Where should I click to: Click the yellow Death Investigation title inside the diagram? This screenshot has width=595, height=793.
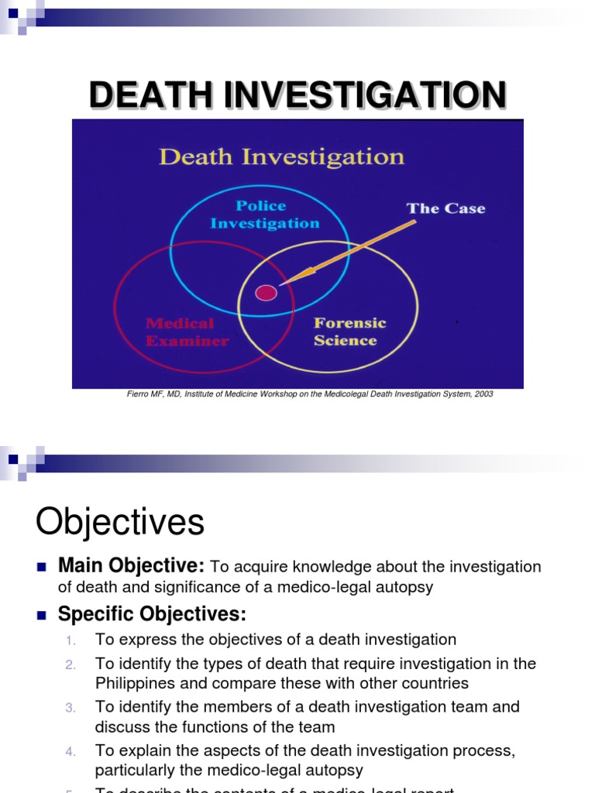[x=281, y=157]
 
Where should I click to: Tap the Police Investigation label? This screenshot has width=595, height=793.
[x=264, y=215]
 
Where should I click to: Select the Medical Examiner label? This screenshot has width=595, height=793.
[x=187, y=331]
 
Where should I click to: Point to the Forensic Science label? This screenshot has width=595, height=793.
[x=349, y=331]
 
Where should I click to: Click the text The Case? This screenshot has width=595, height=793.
[x=445, y=208]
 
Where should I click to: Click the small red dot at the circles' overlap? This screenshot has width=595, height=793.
[x=266, y=292]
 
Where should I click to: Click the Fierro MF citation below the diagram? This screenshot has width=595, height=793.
[x=310, y=394]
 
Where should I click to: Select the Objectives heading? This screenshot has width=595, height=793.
[x=120, y=523]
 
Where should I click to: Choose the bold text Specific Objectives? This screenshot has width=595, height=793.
[x=152, y=614]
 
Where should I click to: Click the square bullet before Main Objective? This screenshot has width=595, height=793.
[x=42, y=567]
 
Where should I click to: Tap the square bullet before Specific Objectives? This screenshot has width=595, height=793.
[x=42, y=615]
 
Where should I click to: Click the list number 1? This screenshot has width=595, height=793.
[x=71, y=640]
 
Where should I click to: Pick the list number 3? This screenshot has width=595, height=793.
[x=71, y=708]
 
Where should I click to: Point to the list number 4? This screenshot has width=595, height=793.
[x=71, y=751]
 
